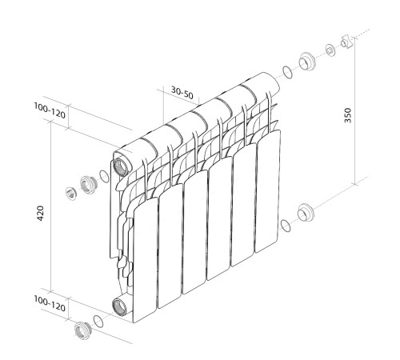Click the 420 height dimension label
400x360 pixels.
tap(40, 213)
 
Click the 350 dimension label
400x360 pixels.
tap(348, 115)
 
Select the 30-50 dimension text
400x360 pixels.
tap(182, 93)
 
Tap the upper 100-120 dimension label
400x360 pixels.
tap(50, 110)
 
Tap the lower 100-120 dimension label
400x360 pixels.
tap(50, 304)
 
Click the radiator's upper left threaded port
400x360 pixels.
tap(122, 167)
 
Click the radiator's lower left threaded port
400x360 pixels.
tap(119, 307)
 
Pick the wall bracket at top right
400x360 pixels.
tap(347, 42)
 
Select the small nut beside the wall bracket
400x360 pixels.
tap(330, 50)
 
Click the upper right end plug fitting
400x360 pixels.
tap(307, 62)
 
